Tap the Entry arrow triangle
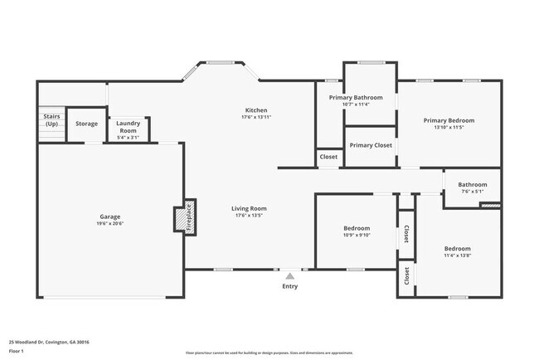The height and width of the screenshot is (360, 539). [x=289, y=276]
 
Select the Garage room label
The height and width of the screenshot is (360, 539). [x=110, y=216]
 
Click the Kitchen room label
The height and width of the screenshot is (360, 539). [x=255, y=110]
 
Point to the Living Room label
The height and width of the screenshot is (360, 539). [x=248, y=208]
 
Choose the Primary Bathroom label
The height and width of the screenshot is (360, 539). [x=355, y=98]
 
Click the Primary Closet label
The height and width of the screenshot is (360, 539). [x=370, y=145]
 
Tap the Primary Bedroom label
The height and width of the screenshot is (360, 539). [x=449, y=120]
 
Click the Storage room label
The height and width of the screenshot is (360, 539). [x=86, y=124]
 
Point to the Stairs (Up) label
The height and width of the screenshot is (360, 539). [x=51, y=120]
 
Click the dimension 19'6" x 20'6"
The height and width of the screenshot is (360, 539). [x=110, y=223]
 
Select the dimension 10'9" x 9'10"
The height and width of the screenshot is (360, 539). [x=357, y=235]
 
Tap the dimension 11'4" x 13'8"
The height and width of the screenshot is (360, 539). [x=457, y=255]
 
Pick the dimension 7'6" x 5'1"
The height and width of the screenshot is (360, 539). [x=473, y=192]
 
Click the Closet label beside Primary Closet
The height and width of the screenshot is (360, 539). [x=328, y=156]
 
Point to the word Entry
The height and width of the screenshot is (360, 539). [x=289, y=286]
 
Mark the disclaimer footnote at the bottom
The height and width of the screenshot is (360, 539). [x=269, y=353]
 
